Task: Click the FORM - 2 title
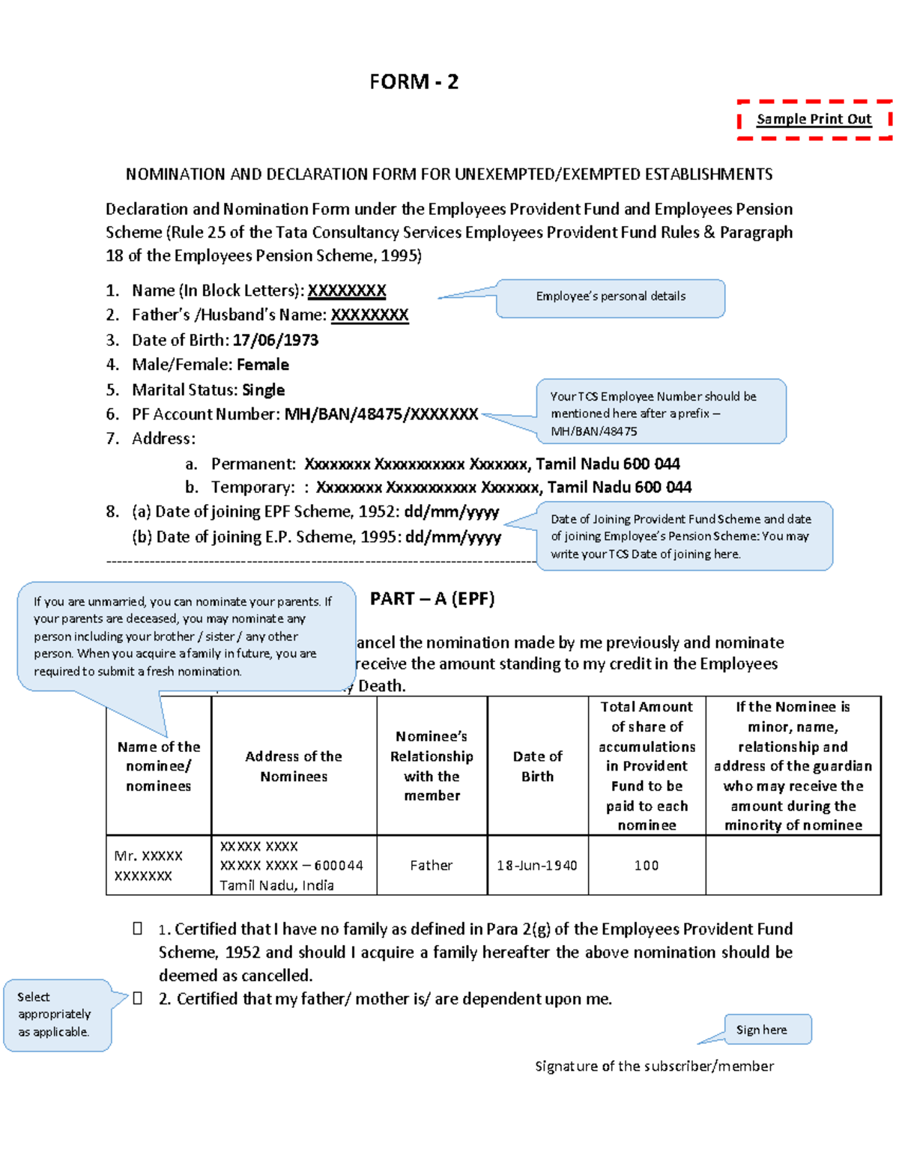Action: click(x=414, y=82)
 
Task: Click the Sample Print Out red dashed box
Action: click(x=814, y=119)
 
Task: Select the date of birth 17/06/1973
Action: click(x=275, y=340)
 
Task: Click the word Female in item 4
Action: click(x=263, y=365)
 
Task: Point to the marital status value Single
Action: click(x=263, y=390)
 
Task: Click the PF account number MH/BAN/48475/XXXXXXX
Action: click(x=381, y=414)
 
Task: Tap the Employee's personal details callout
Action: click(x=611, y=297)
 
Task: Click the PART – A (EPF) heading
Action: click(x=432, y=598)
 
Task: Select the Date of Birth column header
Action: click(x=537, y=766)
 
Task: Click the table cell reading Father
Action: click(x=432, y=866)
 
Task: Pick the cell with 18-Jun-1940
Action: click(x=537, y=866)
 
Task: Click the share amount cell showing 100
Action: click(x=647, y=866)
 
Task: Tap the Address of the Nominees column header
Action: click(x=294, y=766)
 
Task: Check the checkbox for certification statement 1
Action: click(x=138, y=929)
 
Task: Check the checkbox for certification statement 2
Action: click(x=138, y=998)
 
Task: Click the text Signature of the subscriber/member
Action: click(x=654, y=1066)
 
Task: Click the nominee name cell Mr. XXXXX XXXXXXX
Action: click(x=149, y=866)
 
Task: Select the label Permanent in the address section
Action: click(x=253, y=464)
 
